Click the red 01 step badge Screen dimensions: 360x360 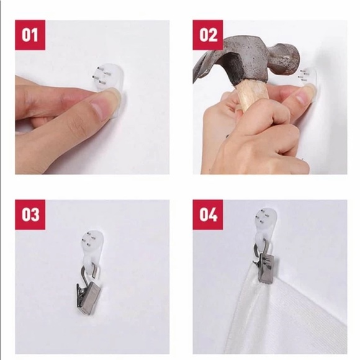30,35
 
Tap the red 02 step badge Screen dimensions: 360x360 207,35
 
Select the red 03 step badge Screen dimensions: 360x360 30,215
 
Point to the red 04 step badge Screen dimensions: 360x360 207,215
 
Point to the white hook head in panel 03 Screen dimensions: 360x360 94,241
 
